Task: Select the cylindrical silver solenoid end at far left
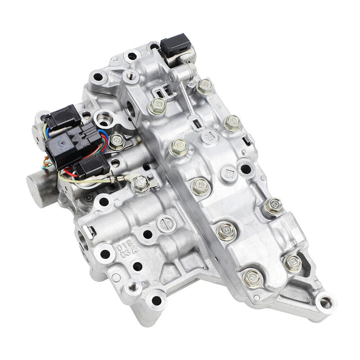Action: (x=39, y=184)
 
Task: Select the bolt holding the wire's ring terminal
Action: (x=141, y=182)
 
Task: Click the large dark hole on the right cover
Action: (x=245, y=169)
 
